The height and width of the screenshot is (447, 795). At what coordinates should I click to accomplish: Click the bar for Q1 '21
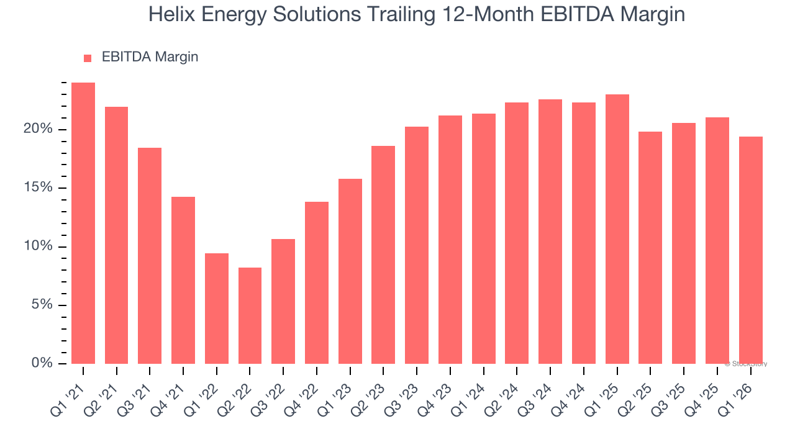click(83, 223)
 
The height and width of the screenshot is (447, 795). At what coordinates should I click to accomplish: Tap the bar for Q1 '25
click(617, 229)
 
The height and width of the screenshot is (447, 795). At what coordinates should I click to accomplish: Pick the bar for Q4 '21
click(183, 280)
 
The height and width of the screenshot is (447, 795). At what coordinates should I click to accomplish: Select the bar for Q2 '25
click(650, 248)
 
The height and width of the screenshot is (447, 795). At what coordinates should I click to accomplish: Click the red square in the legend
click(88, 58)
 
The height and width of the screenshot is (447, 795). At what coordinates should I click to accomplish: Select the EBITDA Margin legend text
click(150, 57)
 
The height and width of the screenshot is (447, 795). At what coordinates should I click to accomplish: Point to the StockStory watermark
click(747, 364)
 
